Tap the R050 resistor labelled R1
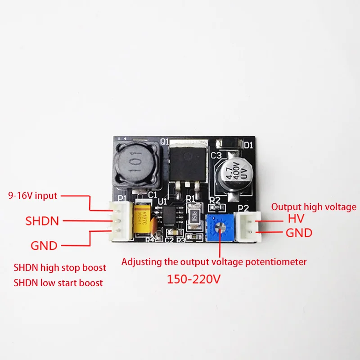(x=194, y=215)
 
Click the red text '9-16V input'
(x=33, y=196)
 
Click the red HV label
(x=296, y=219)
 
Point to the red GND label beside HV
(x=298, y=233)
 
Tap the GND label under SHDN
(x=44, y=246)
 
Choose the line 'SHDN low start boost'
(x=58, y=283)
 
